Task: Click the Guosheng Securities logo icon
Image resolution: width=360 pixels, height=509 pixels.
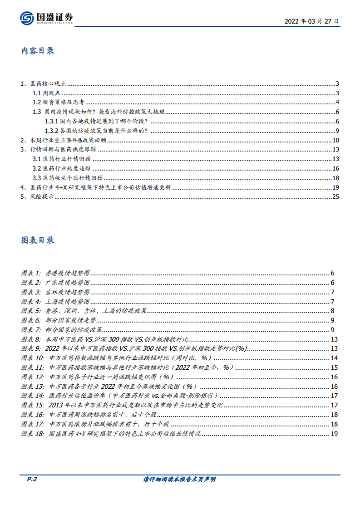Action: pyautogui.click(x=27, y=18)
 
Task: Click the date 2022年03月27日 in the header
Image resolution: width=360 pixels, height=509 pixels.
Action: pyautogui.click(x=311, y=21)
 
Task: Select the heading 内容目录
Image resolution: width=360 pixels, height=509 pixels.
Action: pyautogui.click(x=38, y=50)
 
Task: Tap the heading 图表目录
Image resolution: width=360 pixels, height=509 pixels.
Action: pyautogui.click(x=38, y=240)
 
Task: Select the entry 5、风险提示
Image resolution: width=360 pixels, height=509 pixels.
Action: pyautogui.click(x=37, y=197)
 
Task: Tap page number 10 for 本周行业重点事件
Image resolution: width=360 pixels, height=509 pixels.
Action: pyautogui.click(x=335, y=140)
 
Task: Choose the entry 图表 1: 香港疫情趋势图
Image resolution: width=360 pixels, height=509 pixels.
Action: pyautogui.click(x=55, y=273)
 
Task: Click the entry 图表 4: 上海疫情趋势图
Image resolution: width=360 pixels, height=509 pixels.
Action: pyautogui.click(x=55, y=302)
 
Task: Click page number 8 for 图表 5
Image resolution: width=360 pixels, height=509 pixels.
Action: pyautogui.click(x=333, y=311)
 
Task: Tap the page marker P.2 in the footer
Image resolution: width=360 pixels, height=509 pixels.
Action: pyautogui.click(x=27, y=480)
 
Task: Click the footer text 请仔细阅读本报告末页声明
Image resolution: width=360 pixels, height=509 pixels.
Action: pyautogui.click(x=179, y=480)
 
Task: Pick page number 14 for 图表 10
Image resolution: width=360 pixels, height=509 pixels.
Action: pyautogui.click(x=334, y=358)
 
